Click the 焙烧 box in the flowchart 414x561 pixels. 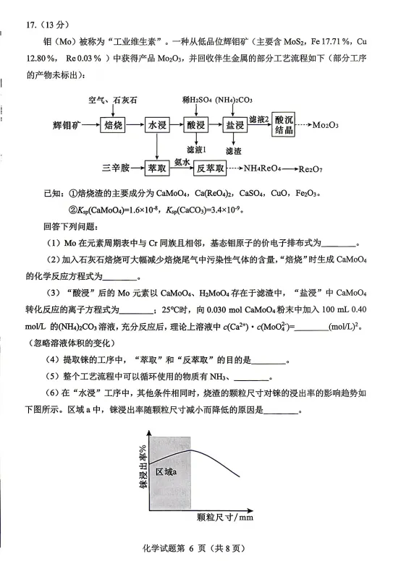pyautogui.click(x=113, y=125)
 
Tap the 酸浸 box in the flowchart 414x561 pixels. pyautogui.click(x=196, y=125)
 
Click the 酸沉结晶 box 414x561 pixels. pyautogui.click(x=284, y=124)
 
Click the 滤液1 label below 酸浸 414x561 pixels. pyautogui.click(x=197, y=149)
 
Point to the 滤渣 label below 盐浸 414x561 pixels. pyautogui.click(x=233, y=151)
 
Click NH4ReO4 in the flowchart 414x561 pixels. pyautogui.click(x=264, y=168)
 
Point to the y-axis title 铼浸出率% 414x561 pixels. pyautogui.click(x=134, y=468)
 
